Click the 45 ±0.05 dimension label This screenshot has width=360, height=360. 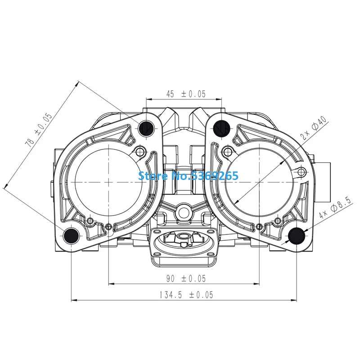tap(186, 94)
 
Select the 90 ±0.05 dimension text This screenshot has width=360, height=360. tap(186, 279)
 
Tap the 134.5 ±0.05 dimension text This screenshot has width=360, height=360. tap(186, 295)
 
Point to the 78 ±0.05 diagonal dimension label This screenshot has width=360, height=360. tap(38, 130)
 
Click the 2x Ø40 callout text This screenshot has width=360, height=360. tap(314, 128)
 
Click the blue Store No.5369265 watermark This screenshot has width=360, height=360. tap(188, 176)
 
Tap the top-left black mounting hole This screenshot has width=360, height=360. tap(146, 128)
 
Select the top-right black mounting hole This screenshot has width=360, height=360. tap(221, 128)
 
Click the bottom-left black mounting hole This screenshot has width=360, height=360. tap(71, 236)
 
